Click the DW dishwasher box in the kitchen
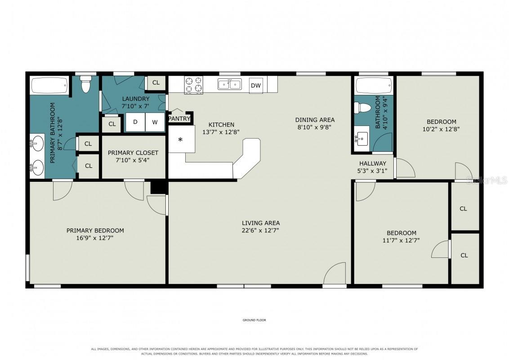[x=256, y=85]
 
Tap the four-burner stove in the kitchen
[x=193, y=85]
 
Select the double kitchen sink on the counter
[x=229, y=84]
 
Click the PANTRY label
[x=179, y=119]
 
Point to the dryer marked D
[x=135, y=122]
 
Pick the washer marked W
[x=155, y=122]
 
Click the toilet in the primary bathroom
[x=85, y=85]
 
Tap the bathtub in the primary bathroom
[x=49, y=85]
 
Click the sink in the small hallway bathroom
[x=362, y=139]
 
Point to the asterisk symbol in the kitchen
[x=180, y=139]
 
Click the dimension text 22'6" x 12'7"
[x=261, y=230]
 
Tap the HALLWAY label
[x=373, y=163]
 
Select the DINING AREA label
[x=315, y=120]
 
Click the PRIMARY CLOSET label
[x=133, y=153]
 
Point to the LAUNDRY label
[x=136, y=99]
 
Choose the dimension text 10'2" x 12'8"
[x=441, y=129]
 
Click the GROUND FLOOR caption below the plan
[x=254, y=320]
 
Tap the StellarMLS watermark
[x=487, y=180]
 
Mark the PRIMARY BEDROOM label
[x=95, y=231]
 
